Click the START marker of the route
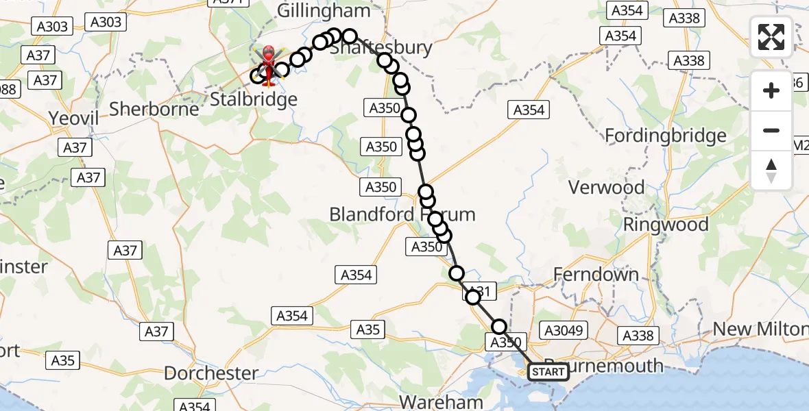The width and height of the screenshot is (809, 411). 548,372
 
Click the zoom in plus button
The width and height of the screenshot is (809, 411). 771,90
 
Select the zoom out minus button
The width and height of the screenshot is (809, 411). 771,130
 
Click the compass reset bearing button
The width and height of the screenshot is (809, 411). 771,171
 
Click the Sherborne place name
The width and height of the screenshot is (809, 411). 154,108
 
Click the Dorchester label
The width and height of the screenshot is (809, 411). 211,374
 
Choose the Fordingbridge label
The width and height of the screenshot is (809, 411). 665,136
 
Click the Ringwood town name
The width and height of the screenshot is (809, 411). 665,225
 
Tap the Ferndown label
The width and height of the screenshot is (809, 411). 596,275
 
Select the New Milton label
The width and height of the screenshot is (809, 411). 759,329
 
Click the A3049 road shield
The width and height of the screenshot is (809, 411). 564,331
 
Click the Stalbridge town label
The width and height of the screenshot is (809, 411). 254,99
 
